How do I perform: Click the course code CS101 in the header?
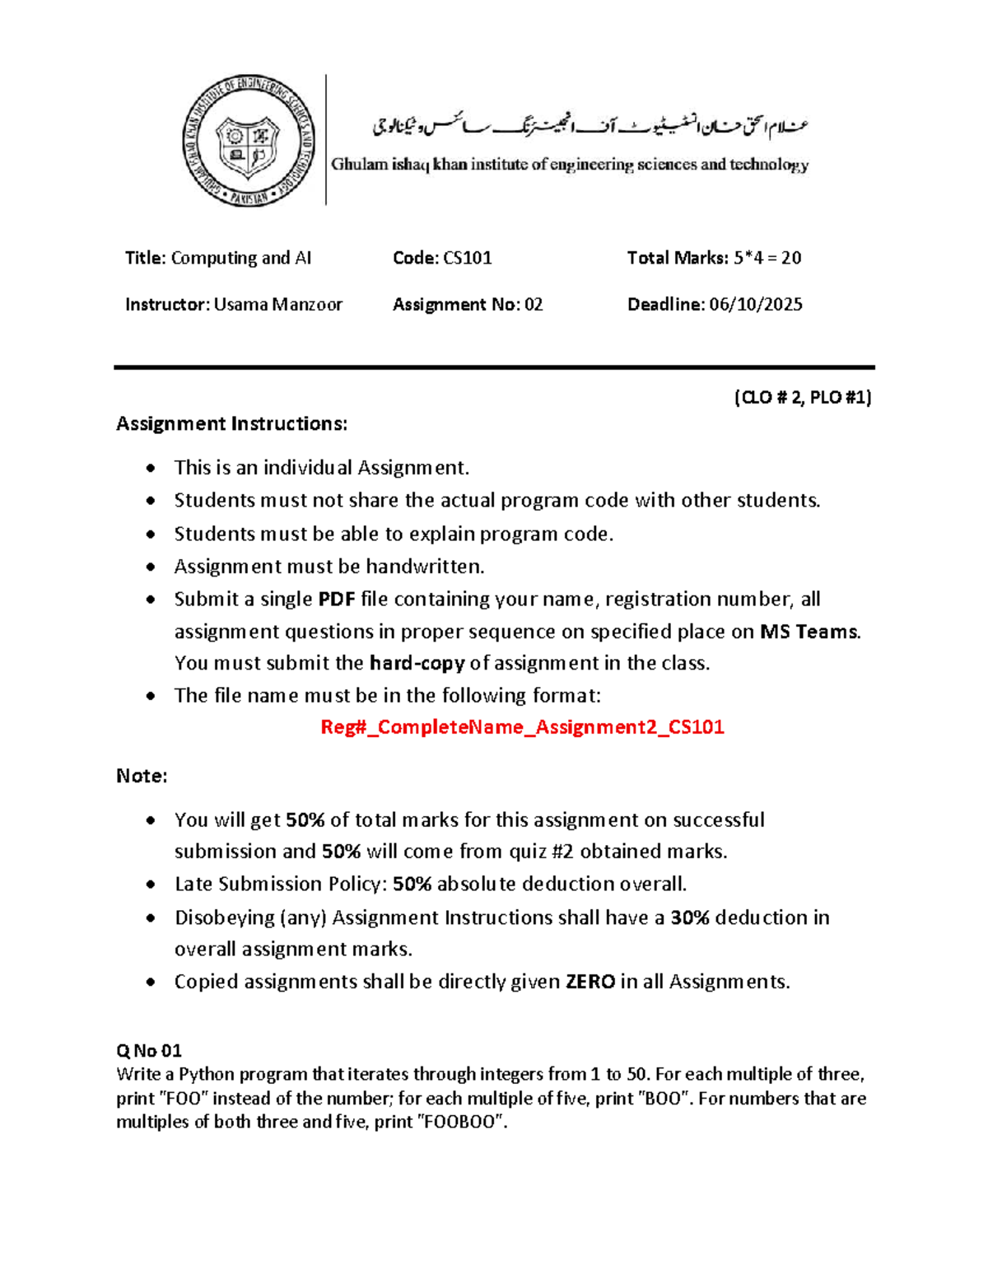467,258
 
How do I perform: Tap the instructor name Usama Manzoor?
277,305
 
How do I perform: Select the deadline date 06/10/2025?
755,305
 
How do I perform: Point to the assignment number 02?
534,305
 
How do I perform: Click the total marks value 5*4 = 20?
767,258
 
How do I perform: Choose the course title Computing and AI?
240,258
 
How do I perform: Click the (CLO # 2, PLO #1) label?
802,398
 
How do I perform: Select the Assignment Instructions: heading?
231,424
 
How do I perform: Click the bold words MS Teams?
809,632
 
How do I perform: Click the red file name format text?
522,727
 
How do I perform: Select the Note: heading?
142,776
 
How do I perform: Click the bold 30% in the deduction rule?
690,917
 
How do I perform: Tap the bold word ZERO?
590,982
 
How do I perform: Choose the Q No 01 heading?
149,1051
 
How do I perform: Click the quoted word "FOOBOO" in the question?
462,1122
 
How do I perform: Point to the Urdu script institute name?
590,126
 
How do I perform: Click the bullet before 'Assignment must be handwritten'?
150,567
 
